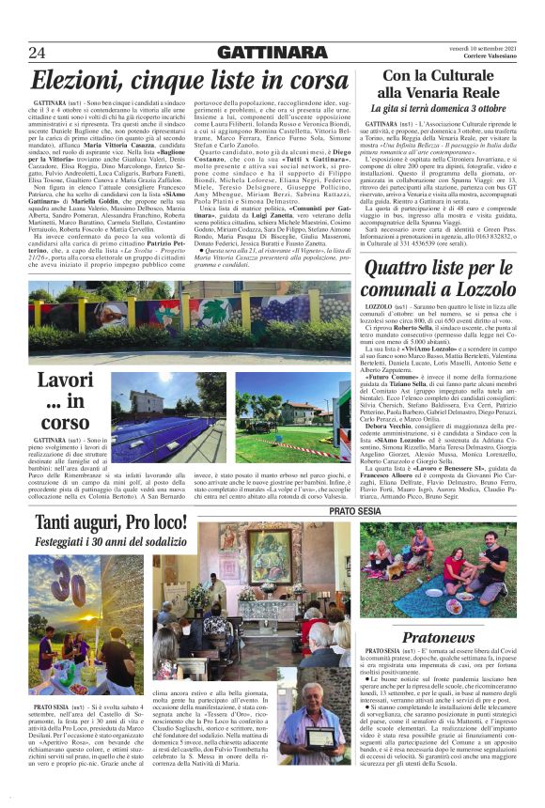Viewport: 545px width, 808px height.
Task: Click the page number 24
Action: [38, 52]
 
